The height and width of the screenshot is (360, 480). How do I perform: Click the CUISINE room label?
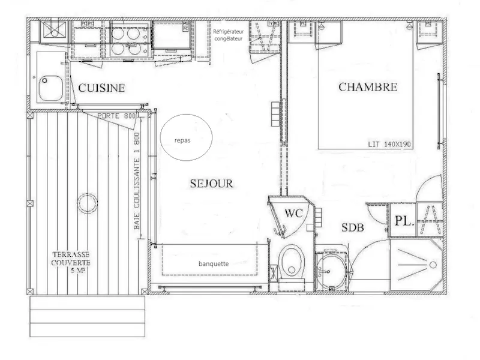[101, 88]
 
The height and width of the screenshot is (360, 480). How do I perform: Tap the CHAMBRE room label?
[368, 86]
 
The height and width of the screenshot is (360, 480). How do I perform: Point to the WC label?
[293, 214]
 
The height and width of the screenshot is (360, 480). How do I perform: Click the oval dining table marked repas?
[187, 136]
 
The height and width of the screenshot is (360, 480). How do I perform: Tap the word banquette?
[214, 263]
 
